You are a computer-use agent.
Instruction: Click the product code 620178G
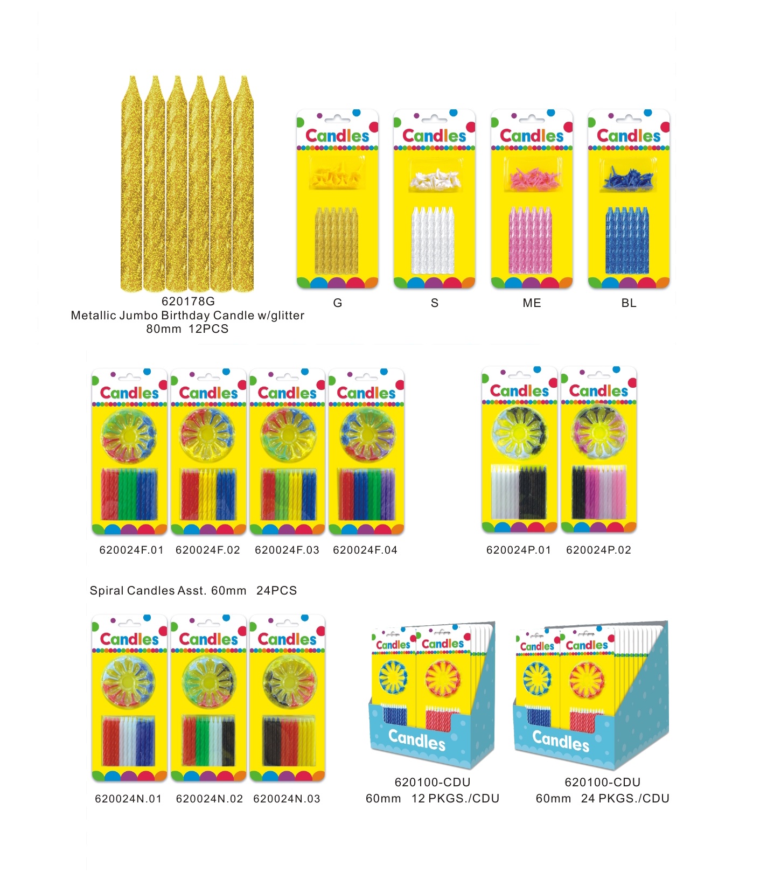pyautogui.click(x=188, y=301)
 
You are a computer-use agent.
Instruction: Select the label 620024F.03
pyautogui.click(x=287, y=550)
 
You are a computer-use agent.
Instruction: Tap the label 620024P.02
pyautogui.click(x=598, y=550)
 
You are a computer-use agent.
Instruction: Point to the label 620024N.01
pyautogui.click(x=128, y=799)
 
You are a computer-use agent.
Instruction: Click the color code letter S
pyautogui.click(x=435, y=303)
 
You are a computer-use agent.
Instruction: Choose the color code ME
pyautogui.click(x=532, y=303)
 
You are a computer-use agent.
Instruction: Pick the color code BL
pyautogui.click(x=629, y=303)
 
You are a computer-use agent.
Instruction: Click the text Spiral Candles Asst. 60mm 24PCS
pyautogui.click(x=193, y=590)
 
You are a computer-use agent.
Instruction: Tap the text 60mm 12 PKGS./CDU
pyautogui.click(x=433, y=798)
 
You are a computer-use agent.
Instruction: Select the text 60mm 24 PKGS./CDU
pyautogui.click(x=602, y=798)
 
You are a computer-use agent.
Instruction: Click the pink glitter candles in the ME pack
pyautogui.click(x=531, y=240)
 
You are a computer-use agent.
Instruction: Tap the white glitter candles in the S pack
pyautogui.click(x=433, y=240)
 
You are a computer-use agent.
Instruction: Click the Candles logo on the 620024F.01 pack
pyautogui.click(x=129, y=393)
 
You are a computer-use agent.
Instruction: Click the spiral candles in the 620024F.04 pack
pyautogui.click(x=366, y=494)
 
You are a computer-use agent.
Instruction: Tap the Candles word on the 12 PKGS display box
pyautogui.click(x=417, y=739)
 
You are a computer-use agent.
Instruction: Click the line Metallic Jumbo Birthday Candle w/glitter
pyautogui.click(x=187, y=315)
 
